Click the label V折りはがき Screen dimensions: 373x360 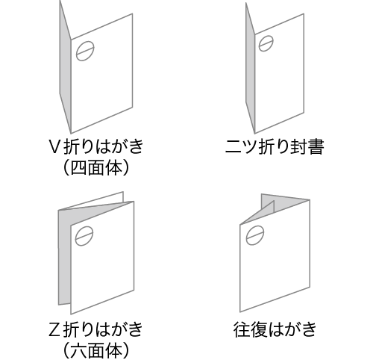click(96, 146)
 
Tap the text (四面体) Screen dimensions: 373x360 click(96, 167)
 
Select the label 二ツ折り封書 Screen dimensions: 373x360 click(275, 146)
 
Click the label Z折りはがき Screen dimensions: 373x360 click(96, 329)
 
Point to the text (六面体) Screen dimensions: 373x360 click(96, 350)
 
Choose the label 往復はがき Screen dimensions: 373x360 click(275, 329)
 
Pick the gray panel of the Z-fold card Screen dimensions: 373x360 click(65, 256)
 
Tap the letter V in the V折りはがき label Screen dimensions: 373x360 click(54, 147)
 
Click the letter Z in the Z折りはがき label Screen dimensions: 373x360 click(54, 329)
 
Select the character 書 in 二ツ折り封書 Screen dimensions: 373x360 click(316, 146)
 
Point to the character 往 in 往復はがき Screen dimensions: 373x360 click(242, 329)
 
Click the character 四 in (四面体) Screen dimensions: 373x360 click(79, 168)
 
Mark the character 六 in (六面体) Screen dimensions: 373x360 click(79, 350)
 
